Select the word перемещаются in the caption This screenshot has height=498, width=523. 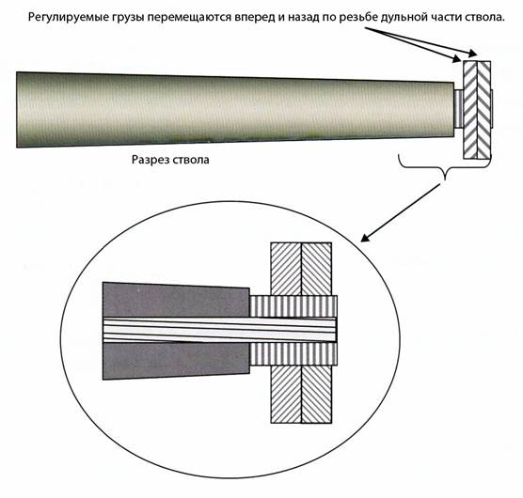[189, 18]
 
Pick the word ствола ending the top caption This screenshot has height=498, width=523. [484, 17]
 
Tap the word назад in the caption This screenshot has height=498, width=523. [304, 18]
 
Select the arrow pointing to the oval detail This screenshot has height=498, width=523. [401, 212]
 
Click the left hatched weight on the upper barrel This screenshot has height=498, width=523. [470, 110]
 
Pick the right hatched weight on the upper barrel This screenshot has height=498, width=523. [484, 110]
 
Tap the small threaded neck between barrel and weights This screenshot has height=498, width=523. [459, 109]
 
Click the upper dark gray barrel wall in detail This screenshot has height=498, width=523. [176, 300]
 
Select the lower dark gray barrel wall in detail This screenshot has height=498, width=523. [176, 361]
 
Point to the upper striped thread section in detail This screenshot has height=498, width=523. [293, 306]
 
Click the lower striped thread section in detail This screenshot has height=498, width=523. [293, 353]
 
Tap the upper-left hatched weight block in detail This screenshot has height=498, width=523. [286, 269]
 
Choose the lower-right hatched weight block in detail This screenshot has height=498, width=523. [317, 394]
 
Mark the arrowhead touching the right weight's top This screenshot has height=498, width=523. [473, 54]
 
